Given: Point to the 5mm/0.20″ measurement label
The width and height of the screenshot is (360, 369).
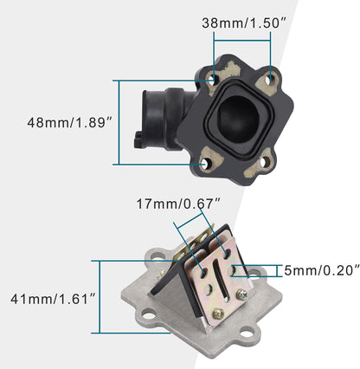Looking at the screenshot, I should [321, 269].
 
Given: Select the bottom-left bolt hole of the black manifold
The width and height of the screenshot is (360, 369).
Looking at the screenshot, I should [206, 163].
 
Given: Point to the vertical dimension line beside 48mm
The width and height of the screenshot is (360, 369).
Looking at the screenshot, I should [117, 122].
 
